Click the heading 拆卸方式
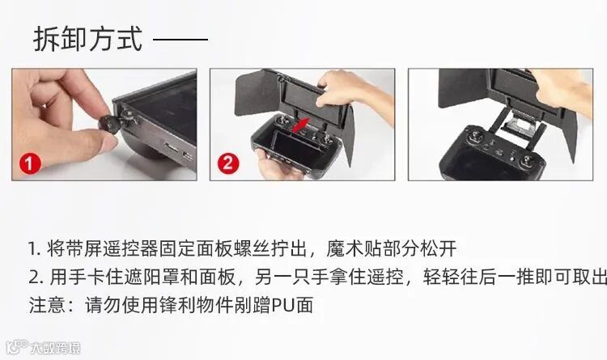[88, 39]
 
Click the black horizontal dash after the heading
[180, 39]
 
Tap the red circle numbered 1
[30, 163]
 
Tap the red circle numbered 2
[228, 163]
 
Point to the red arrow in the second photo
[300, 125]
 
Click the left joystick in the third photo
[475, 138]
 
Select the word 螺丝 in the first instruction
[252, 248]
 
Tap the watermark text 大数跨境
[55, 349]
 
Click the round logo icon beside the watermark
[17, 347]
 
